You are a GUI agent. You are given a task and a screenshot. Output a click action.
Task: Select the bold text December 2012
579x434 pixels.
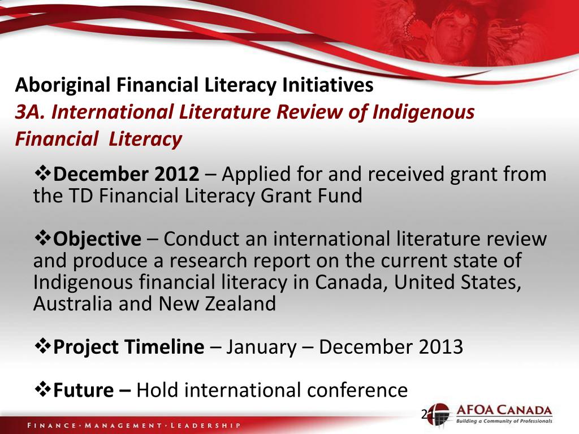coord(126,175)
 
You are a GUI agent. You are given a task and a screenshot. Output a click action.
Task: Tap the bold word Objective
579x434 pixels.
coord(97,239)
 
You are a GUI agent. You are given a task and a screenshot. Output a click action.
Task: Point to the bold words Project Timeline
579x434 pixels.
coord(128,347)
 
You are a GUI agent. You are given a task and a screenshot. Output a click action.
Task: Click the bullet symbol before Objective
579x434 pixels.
coord(43,239)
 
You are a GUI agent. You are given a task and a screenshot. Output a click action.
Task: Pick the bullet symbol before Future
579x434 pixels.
coord(43,390)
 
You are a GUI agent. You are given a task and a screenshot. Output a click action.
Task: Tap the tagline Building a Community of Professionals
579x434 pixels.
coord(503,422)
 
